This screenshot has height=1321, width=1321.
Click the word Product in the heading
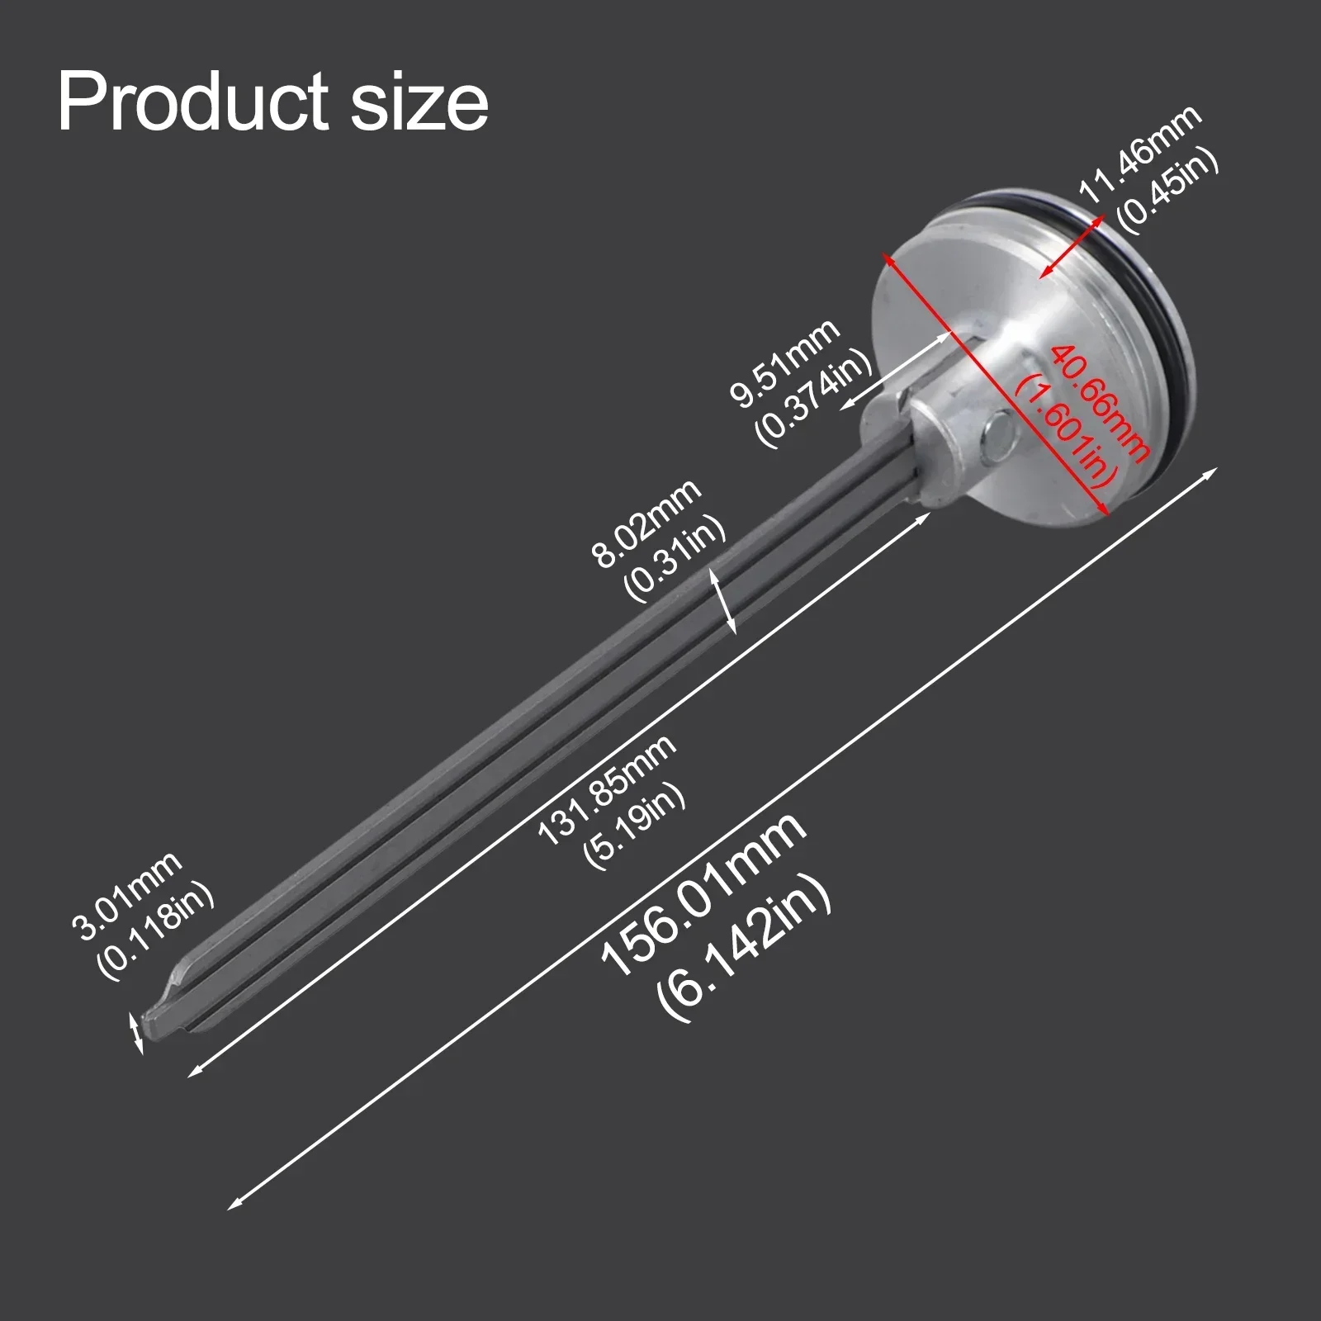[195, 102]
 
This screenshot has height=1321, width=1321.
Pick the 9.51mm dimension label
[784, 363]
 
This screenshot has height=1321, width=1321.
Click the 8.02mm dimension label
[646, 523]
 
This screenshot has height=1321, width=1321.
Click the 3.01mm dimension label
[127, 897]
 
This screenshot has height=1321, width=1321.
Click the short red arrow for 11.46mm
[1071, 247]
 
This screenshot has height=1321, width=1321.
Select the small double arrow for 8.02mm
[724, 604]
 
